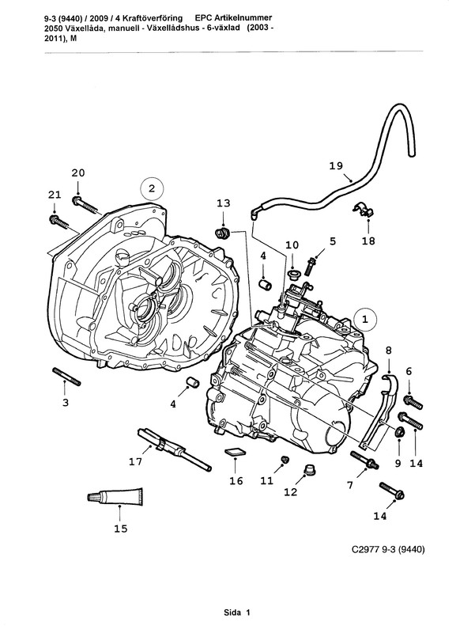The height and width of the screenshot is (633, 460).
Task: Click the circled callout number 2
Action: point(152,188)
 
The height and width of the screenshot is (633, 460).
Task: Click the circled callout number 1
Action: point(365,320)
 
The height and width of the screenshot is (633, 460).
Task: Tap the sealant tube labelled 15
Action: point(115,496)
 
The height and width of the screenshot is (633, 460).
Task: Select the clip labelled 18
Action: point(364,210)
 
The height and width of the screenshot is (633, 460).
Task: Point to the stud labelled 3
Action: point(66,377)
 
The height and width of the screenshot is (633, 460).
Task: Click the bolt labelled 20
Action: point(86,205)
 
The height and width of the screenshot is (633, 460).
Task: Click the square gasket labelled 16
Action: point(234,452)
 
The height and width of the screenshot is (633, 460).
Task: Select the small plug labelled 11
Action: point(285,459)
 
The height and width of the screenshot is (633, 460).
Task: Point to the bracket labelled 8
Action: point(381,410)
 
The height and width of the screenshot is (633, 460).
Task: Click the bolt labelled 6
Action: point(413,402)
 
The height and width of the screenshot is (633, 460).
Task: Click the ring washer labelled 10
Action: point(293,275)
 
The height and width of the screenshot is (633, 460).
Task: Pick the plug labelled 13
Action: point(221,232)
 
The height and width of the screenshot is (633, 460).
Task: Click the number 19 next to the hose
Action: point(336,165)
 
